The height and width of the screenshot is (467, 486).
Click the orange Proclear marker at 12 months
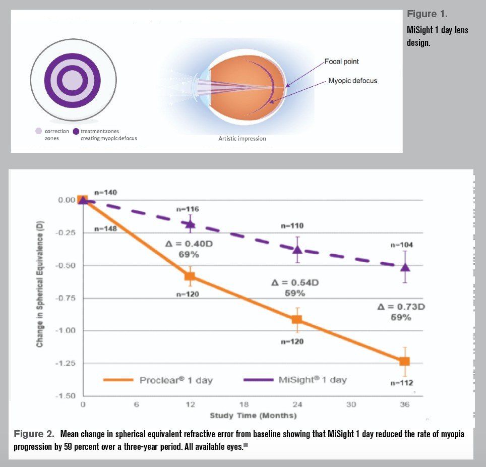coord(190,276)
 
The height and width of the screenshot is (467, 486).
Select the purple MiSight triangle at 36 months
coord(405,267)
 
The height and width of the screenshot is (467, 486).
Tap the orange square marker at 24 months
coord(297,319)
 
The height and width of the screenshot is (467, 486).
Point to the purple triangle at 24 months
coord(297,249)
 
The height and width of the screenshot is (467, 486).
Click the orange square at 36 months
coord(404,361)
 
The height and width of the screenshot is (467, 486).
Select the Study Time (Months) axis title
coord(253,416)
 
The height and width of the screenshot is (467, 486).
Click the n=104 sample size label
coord(402,245)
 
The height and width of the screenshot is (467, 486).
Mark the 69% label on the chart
coord(189,255)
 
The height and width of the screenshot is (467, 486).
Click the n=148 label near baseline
coord(105,229)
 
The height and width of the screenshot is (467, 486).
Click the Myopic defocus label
coord(352,81)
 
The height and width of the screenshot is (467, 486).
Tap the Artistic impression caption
coord(242,139)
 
